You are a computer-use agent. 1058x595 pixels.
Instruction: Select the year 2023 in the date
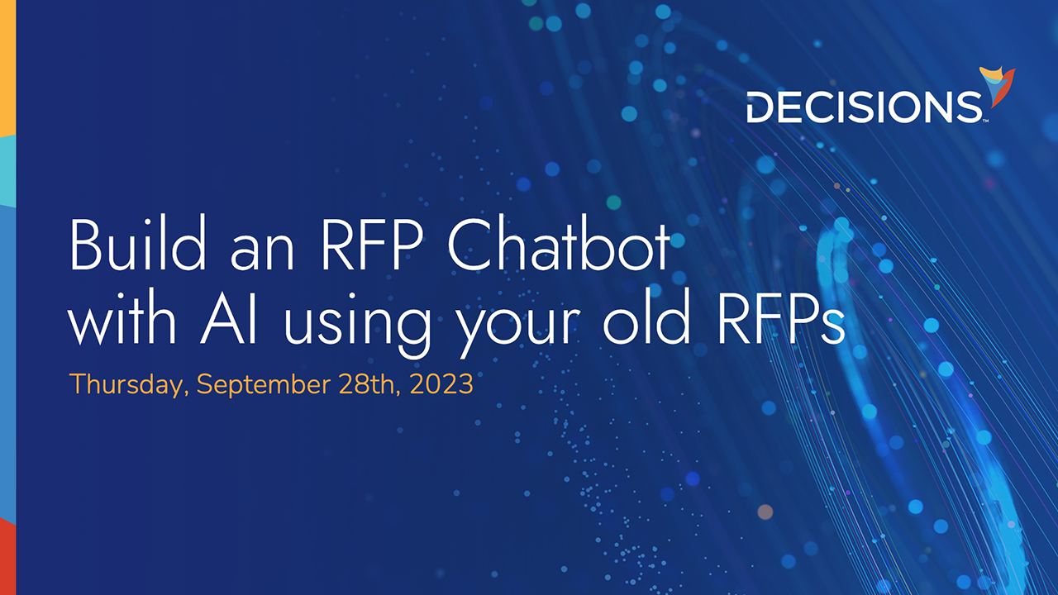[441, 384]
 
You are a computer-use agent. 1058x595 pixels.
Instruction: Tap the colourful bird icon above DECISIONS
[998, 87]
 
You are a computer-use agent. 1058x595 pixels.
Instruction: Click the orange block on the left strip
[7, 66]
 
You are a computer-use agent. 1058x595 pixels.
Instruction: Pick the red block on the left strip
[7, 558]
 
